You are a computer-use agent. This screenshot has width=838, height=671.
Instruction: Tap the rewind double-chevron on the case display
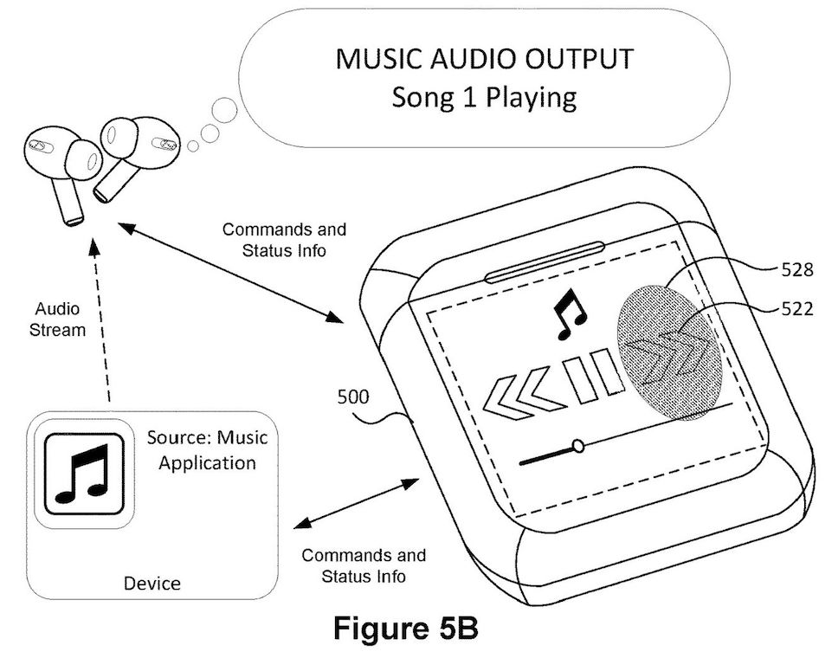518,391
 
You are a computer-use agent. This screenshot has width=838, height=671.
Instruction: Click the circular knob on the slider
577,447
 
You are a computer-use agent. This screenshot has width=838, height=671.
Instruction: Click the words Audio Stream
61,318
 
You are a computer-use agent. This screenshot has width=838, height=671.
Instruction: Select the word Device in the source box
152,583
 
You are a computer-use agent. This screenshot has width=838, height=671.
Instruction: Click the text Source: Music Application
206,449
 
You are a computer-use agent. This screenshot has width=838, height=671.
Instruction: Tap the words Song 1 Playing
484,96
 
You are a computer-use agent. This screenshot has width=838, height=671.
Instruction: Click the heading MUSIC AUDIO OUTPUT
484,60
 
